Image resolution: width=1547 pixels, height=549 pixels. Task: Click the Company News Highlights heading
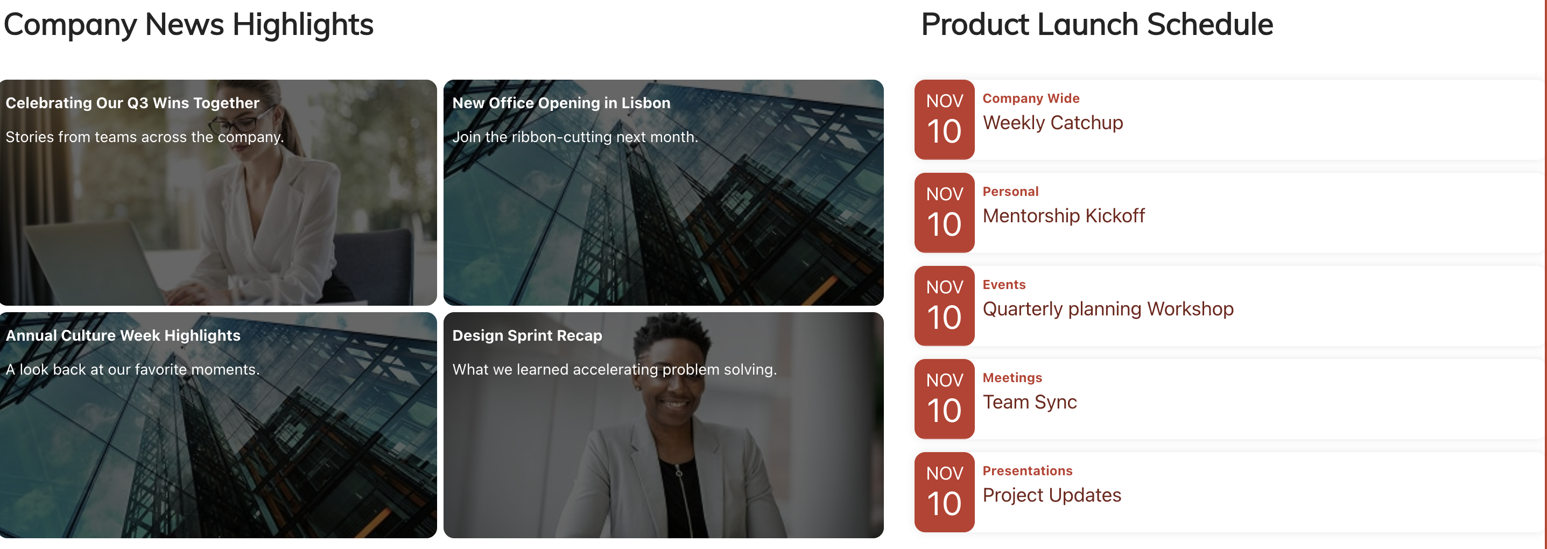188,25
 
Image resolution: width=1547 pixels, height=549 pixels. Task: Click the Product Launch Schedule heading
1096,25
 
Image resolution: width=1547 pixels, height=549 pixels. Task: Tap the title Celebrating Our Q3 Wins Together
132,103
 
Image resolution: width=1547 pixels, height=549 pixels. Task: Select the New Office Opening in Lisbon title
560,103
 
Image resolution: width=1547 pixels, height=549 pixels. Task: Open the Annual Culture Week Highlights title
123,336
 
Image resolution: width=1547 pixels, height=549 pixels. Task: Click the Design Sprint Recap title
526,336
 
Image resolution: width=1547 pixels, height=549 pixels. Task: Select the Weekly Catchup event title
1052,123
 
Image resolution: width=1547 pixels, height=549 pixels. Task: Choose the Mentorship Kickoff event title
1063,216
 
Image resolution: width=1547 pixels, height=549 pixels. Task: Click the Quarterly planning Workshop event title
1107,309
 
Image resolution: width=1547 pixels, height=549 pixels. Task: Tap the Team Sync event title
1029,403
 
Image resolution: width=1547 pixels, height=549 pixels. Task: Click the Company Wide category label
1031,98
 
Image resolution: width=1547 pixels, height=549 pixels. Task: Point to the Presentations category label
1027,471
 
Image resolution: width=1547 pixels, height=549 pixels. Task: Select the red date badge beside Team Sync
944,399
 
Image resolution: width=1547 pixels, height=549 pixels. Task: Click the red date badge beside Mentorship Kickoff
944,213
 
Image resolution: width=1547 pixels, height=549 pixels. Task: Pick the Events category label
1003,285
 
